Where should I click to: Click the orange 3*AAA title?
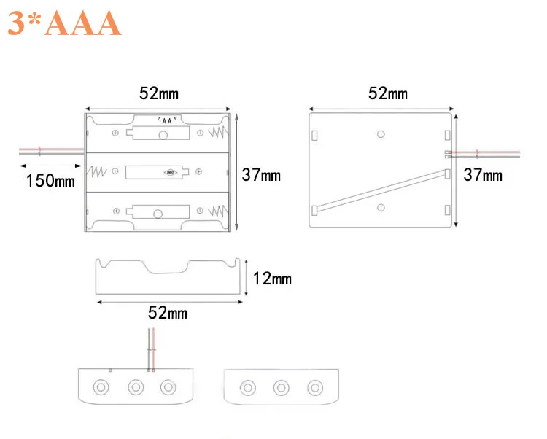(64, 23)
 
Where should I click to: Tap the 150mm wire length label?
(50, 181)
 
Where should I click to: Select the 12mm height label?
(272, 279)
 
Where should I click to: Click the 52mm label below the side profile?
(168, 313)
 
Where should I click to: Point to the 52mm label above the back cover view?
(388, 93)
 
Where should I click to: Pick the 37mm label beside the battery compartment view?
(261, 176)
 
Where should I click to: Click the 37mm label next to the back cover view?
(483, 175)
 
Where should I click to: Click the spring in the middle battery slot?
(97, 173)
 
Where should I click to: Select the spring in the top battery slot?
(218, 133)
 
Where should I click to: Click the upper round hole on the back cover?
(381, 134)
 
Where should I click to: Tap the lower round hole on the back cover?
(381, 208)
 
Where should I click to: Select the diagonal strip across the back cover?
(381, 190)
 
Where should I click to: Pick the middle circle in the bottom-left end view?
(136, 387)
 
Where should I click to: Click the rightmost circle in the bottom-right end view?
(314, 387)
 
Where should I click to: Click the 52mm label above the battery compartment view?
(159, 93)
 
